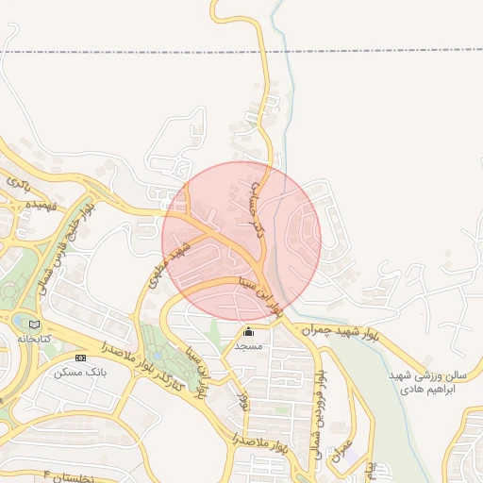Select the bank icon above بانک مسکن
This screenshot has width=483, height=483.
point(80,358)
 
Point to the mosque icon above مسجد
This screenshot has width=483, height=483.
point(249,332)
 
